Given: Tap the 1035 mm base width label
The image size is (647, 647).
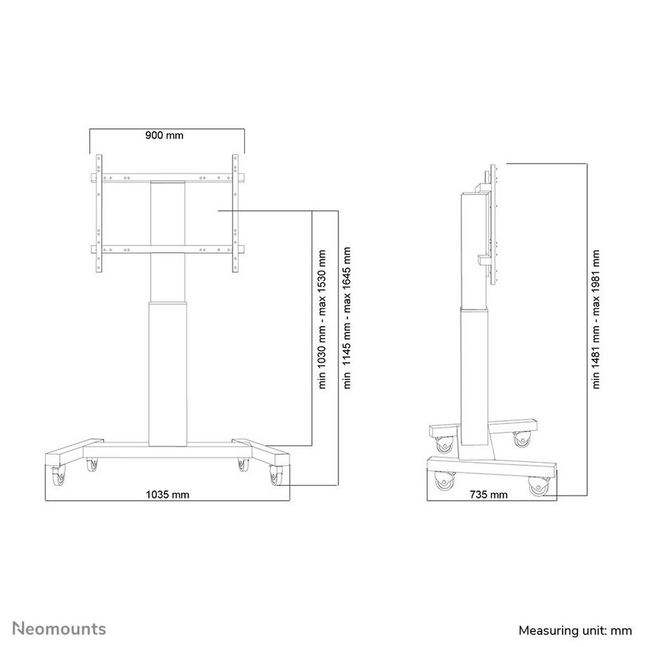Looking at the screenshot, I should [x=167, y=494].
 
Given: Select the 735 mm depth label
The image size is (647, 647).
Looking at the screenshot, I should [x=488, y=494].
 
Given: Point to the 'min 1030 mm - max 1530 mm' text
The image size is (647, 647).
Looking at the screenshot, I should [x=323, y=319].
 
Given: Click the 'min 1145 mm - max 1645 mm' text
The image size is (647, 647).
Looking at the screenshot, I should [x=347, y=319].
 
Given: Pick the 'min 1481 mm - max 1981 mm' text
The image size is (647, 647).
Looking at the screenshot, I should [x=596, y=319].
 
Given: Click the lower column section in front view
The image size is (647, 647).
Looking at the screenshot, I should [x=169, y=373].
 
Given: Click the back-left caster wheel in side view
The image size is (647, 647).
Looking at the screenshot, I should [x=445, y=444].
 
